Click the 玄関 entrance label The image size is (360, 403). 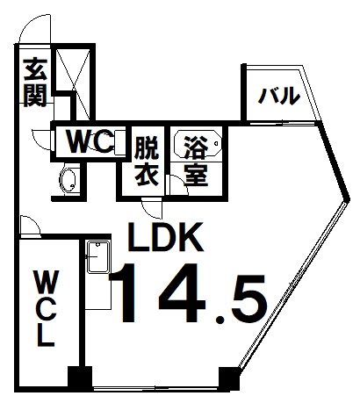click(35, 83)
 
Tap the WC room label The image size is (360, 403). click(90, 142)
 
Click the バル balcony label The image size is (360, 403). click(279, 96)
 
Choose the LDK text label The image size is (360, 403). click(166, 237)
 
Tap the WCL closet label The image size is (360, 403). click(47, 308)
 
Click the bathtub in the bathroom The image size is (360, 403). click(198, 143)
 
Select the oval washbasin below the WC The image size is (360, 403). click(68, 181)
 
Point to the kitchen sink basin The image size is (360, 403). click(98, 257)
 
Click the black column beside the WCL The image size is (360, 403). click(80, 378)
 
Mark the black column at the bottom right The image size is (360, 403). click(230, 378)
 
